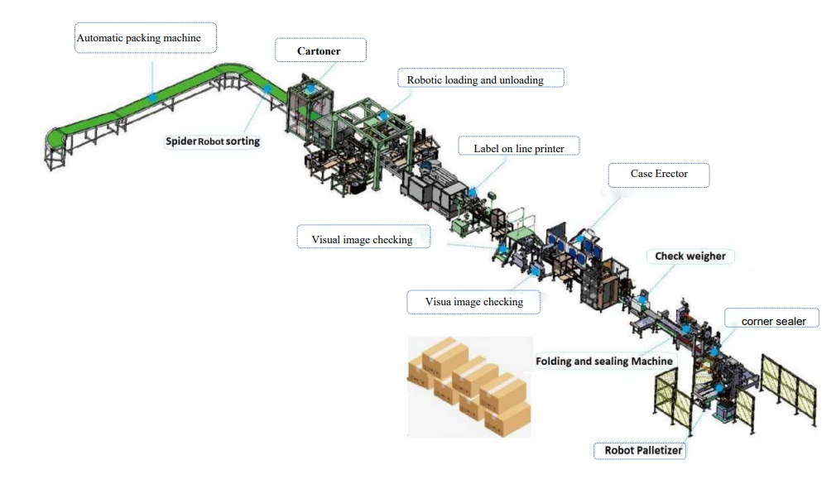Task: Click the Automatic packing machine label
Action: pos(139,38)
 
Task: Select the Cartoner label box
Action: pos(319,51)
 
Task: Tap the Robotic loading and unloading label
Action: pos(475,80)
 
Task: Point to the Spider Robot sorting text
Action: pos(212,141)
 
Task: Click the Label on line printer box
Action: pos(518,149)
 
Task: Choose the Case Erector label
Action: pos(659,174)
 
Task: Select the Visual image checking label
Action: pos(362,240)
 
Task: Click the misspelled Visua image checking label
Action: pos(473,302)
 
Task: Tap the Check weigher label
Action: pos(690,256)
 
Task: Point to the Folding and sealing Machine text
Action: pos(604,362)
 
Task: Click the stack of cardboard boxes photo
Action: pos(469,386)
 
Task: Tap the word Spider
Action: pos(181,141)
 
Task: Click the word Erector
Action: pos(671,174)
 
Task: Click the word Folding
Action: pos(555,362)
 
